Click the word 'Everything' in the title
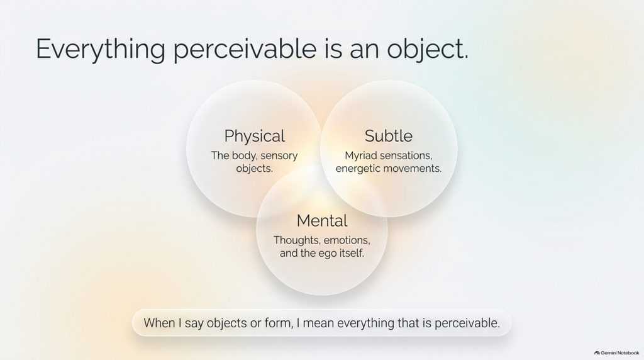(101, 49)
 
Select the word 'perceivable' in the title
(245, 49)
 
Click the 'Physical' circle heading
(254, 136)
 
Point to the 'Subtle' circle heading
(389, 135)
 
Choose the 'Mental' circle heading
(322, 221)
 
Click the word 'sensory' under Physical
(279, 155)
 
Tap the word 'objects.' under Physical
(254, 169)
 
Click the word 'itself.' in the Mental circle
(352, 253)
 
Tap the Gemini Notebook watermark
(616, 353)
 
